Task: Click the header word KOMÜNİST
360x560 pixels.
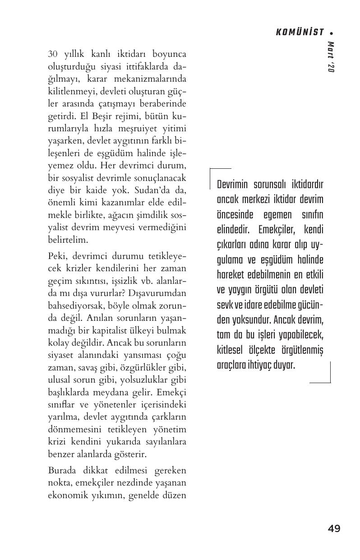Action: [300, 32]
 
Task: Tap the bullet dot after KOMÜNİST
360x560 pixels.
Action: [332, 33]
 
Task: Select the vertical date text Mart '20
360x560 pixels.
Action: [331, 57]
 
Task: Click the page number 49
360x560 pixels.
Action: [334, 528]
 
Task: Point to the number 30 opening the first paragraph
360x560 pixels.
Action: [53, 54]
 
